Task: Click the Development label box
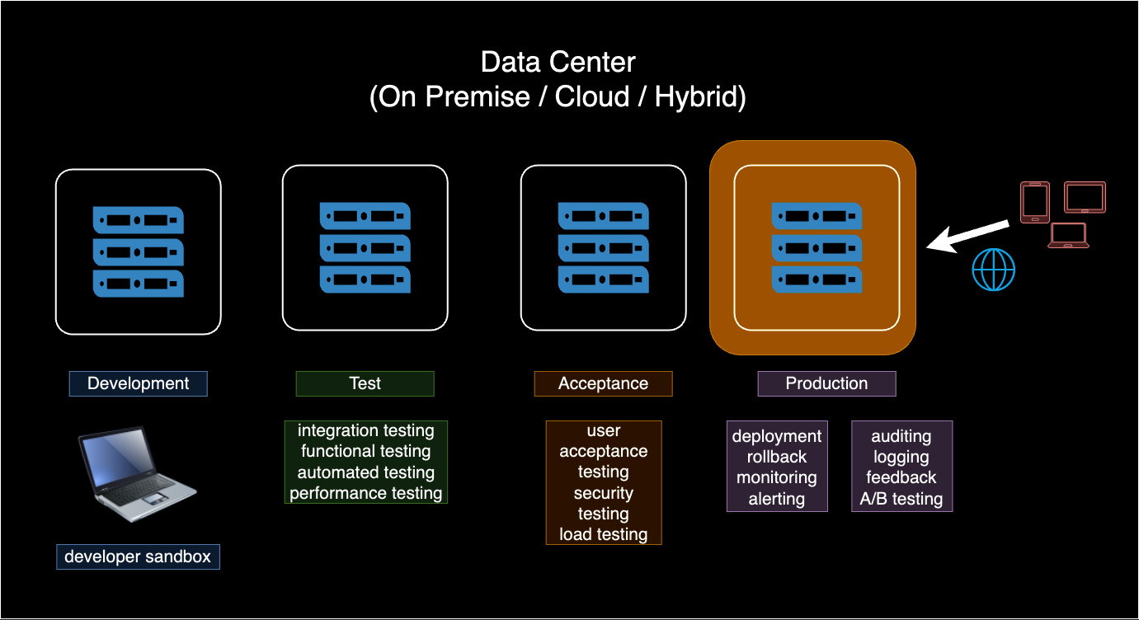(138, 383)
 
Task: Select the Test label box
(365, 383)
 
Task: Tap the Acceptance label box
(603, 383)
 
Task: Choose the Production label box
(826, 383)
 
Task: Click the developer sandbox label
(138, 557)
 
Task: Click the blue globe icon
(993, 270)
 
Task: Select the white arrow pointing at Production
(967, 236)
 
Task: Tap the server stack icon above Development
(138, 251)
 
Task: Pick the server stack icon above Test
(365, 247)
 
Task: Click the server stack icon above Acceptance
(603, 247)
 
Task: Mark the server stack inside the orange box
(817, 247)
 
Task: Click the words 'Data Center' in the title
(558, 62)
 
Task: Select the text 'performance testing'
(365, 493)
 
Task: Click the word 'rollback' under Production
(777, 457)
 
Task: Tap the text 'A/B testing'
(901, 499)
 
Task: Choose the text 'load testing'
(603, 534)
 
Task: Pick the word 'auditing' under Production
(901, 436)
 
